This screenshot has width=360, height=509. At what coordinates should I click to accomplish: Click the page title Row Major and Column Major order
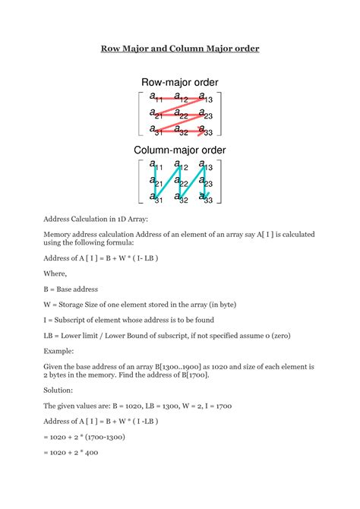[x=180, y=49]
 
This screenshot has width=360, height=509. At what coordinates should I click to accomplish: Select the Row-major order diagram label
[x=180, y=82]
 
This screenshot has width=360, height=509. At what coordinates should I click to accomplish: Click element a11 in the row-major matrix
[x=156, y=97]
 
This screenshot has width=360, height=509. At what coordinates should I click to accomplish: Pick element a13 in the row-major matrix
[x=205, y=97]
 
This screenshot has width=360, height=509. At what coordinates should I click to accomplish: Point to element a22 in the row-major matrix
[x=181, y=114]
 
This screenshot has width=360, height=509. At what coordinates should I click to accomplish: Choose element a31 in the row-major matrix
[x=156, y=130]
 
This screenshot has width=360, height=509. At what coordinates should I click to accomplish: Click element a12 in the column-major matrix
[x=181, y=166]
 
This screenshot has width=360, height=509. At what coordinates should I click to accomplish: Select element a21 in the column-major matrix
[x=156, y=182]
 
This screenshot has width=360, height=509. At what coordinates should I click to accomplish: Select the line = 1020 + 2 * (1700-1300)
[x=84, y=438]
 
